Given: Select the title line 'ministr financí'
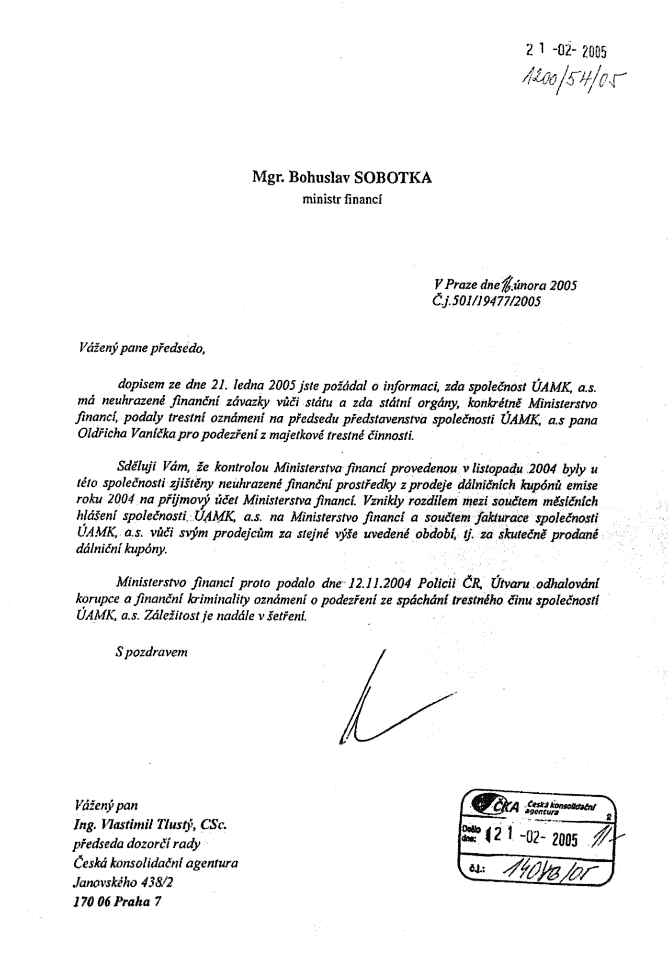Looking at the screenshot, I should [342, 199].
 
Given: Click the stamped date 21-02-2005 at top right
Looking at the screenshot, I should [566, 50].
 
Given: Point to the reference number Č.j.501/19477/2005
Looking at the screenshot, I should [486, 301].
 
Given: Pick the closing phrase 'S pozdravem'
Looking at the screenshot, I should [151, 651].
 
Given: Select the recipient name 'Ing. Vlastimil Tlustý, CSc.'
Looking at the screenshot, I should [150, 825].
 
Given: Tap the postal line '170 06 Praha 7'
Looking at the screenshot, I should [117, 901].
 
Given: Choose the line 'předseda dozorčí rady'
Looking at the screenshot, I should [136, 844].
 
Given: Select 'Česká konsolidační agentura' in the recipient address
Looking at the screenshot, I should [155, 863].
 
